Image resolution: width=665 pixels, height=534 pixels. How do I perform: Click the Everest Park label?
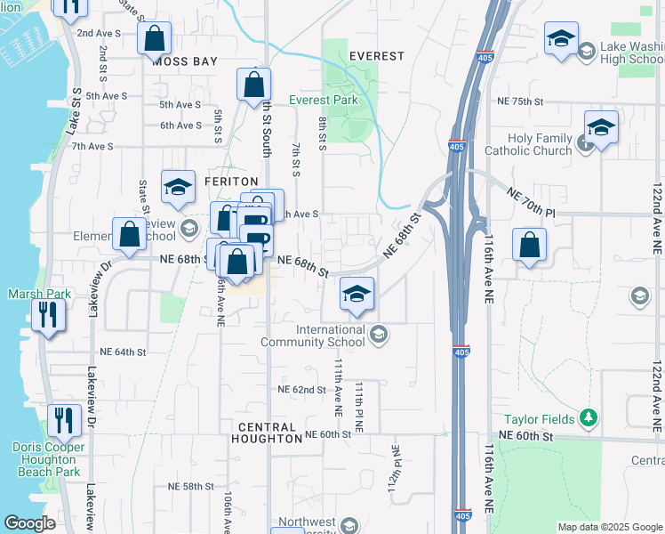pyautogui.click(x=324, y=100)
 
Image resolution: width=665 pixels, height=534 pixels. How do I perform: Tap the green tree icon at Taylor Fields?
pyautogui.click(x=587, y=417)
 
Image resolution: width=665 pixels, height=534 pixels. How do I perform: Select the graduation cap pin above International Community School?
pyautogui.click(x=357, y=295)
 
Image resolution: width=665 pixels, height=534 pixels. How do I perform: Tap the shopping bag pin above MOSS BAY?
pyautogui.click(x=155, y=39)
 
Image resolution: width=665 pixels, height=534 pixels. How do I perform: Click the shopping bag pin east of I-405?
pyautogui.click(x=529, y=246)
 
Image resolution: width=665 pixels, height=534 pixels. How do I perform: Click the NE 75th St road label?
pyautogui.click(x=520, y=101)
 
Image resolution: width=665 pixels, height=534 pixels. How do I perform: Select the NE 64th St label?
pyautogui.click(x=123, y=352)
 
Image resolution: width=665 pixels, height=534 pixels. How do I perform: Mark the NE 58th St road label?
pyautogui.click(x=191, y=487)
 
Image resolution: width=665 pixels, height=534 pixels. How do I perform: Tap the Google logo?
pyautogui.click(x=29, y=523)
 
